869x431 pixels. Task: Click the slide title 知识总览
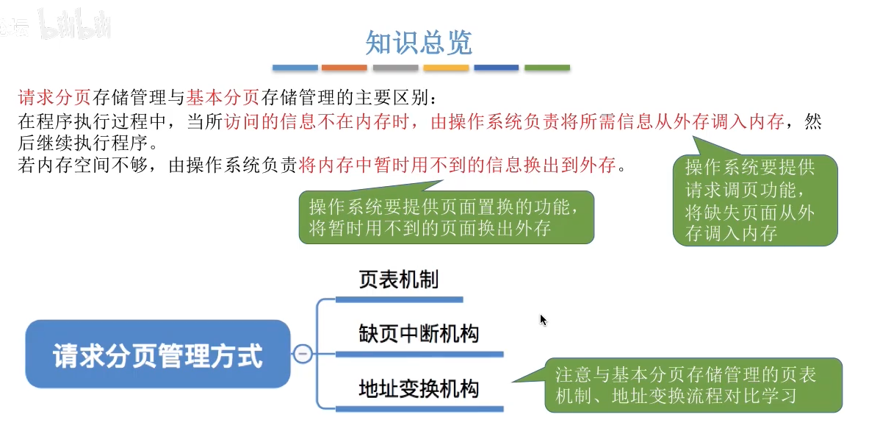[419, 43]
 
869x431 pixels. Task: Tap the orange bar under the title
[344, 68]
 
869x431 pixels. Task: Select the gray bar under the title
[395, 68]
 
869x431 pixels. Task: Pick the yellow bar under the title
[446, 68]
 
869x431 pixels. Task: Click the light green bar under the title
[547, 68]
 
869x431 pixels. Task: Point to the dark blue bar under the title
[497, 68]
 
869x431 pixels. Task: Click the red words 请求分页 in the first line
[54, 97]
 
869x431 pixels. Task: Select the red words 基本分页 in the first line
[223, 97]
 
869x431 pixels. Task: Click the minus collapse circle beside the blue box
[303, 354]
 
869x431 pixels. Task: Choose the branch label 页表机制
[398, 279]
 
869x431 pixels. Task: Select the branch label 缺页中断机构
[419, 333]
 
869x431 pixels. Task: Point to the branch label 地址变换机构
[419, 388]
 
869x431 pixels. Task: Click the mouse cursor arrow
[543, 319]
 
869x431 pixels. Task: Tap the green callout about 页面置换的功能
[446, 217]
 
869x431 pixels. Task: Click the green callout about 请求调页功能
[755, 200]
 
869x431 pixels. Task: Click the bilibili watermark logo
[76, 26]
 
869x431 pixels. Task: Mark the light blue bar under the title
[295, 68]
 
